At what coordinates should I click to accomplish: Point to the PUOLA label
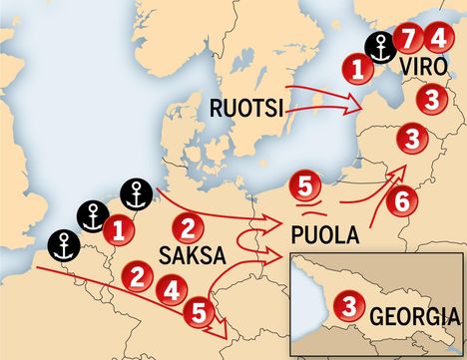[320, 237]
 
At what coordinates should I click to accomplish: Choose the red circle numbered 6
[401, 200]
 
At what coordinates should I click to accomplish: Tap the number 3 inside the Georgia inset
[347, 305]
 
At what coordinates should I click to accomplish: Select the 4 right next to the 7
[436, 40]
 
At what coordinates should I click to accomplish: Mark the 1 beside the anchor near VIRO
[355, 68]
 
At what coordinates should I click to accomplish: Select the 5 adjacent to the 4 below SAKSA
[200, 312]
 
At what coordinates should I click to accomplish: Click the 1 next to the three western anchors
[119, 230]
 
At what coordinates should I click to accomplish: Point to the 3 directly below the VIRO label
[430, 99]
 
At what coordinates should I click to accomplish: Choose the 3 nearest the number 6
[411, 138]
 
